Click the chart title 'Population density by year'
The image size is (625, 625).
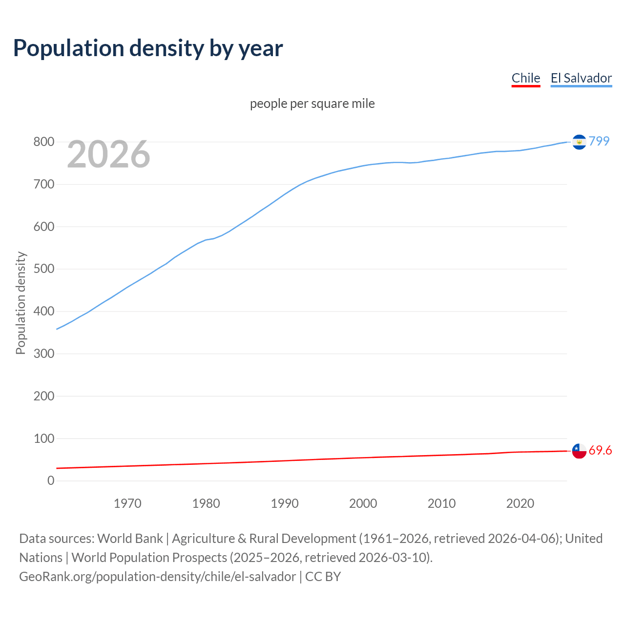148,48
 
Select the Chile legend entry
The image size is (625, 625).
525,78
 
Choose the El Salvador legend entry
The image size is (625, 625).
581,78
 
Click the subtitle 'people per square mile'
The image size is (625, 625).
312,104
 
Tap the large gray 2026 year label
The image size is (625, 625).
108,154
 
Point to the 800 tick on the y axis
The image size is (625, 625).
43,142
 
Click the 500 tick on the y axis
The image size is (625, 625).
43,269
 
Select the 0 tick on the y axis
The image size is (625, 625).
51,481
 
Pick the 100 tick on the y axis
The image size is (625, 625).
43,438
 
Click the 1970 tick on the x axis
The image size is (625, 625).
127,503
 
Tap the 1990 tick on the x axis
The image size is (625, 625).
285,503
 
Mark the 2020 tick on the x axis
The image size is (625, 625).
520,503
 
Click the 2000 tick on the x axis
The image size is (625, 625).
363,503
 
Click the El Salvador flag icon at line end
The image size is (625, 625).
579,142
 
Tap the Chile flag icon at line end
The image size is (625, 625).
579,451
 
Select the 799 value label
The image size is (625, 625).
599,141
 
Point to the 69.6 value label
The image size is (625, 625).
600,451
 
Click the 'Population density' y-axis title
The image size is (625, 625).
21,303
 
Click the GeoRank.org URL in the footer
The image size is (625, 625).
157,577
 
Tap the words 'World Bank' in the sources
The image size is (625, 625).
130,539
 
